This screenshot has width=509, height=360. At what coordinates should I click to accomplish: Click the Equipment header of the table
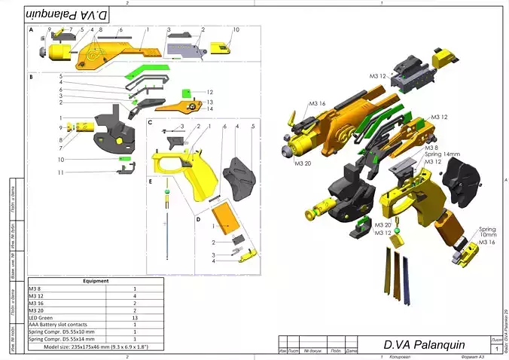click(96, 281)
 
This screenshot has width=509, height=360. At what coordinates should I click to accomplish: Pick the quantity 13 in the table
click(134, 318)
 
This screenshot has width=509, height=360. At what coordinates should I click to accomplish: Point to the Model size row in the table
click(96, 347)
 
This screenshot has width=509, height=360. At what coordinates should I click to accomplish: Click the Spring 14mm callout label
click(443, 154)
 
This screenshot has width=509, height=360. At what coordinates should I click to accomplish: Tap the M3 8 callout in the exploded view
click(431, 148)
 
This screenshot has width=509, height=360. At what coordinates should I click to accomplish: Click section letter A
click(32, 31)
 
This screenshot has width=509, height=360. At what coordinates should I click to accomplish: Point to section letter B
click(31, 77)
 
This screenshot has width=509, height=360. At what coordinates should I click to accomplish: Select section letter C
click(151, 122)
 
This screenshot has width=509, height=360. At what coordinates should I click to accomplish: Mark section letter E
click(151, 182)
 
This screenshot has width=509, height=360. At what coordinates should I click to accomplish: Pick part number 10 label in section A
click(236, 29)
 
